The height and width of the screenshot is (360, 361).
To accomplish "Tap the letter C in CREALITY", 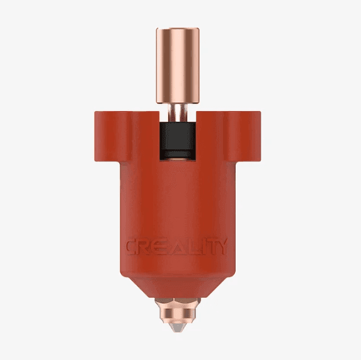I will click(132, 247).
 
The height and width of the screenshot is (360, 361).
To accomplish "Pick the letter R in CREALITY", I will click(146, 247).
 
